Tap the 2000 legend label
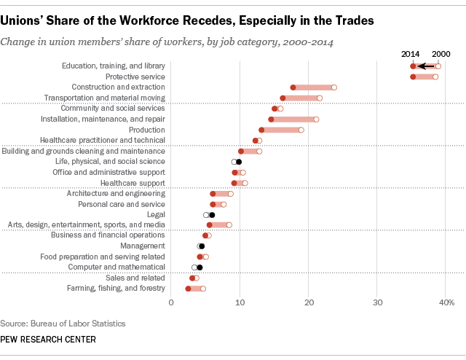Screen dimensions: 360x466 tap(441, 54)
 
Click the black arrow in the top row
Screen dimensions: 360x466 tap(425, 66)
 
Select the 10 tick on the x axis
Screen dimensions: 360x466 tap(240, 302)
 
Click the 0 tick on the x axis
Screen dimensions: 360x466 tap(171, 302)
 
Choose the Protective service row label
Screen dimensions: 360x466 tap(135, 77)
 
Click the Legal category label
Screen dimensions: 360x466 tap(155, 215)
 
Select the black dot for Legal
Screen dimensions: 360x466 tap(212, 215)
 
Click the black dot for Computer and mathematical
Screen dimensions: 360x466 tap(200, 267)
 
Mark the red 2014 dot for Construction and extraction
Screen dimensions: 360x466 tap(293, 87)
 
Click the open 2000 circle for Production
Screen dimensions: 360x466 tap(301, 130)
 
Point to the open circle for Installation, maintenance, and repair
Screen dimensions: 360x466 tap(316, 119)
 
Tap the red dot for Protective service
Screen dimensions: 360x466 tap(413, 77)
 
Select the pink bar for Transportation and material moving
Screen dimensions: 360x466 tap(301, 98)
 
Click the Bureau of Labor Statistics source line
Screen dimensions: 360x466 tap(63, 323)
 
